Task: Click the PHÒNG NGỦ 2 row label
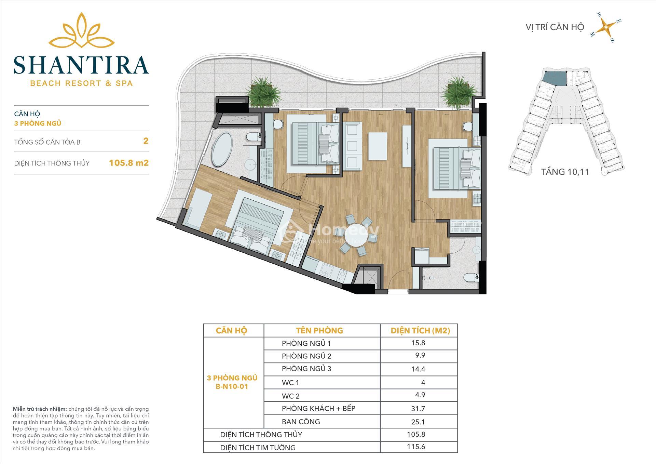pos(306,356)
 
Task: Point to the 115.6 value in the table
pos(416,447)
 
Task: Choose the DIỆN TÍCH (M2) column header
pos(420,331)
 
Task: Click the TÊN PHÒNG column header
pos(319,331)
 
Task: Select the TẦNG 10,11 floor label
pos(565,172)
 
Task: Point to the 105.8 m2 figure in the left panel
pos(129,163)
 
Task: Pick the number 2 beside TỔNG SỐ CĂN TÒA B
pos(146,141)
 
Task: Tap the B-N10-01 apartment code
pos(232,387)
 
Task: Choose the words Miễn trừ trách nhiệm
pos(40,409)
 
